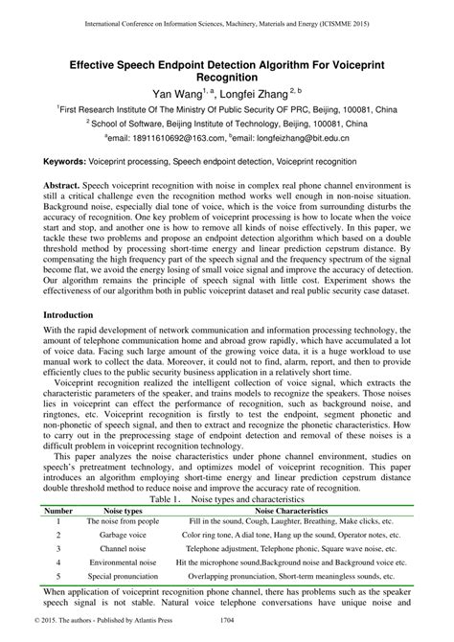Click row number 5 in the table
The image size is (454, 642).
[59, 578]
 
